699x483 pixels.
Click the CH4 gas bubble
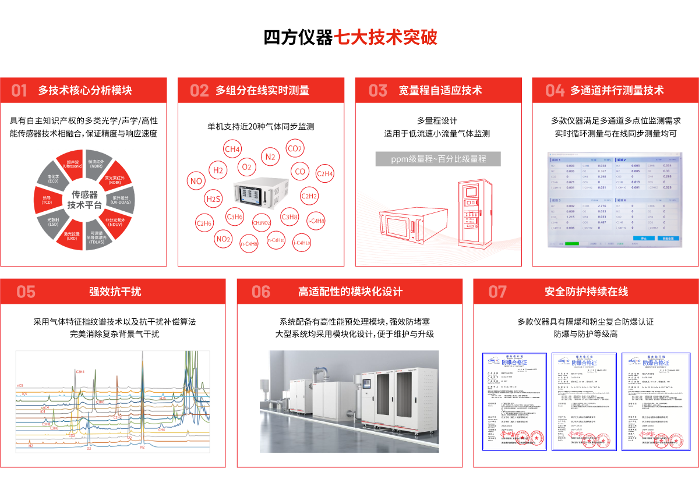pyautogui.click(x=232, y=150)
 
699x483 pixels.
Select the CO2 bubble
pyautogui.click(x=295, y=149)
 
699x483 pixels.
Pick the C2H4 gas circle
pyautogui.click(x=324, y=173)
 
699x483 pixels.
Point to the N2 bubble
pyautogui.click(x=270, y=157)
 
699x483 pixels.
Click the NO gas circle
pyautogui.click(x=196, y=181)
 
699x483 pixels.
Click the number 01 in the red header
pyautogui.click(x=19, y=90)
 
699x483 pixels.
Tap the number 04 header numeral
pyautogui.click(x=555, y=90)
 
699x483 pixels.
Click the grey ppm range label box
pyautogui.click(x=438, y=158)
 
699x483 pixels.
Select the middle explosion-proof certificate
pyautogui.click(x=582, y=402)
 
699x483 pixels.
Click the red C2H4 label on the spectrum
pyautogui.click(x=80, y=371)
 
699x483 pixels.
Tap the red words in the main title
pyautogui.click(x=384, y=38)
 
